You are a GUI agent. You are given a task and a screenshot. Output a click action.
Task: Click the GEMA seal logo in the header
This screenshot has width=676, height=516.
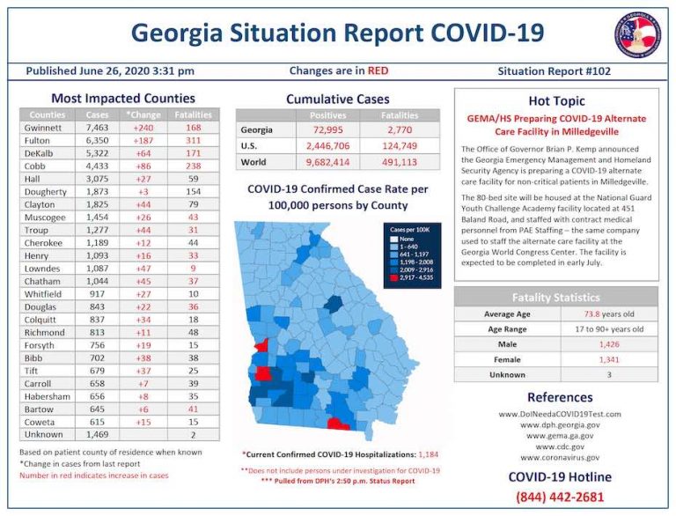pos(637,33)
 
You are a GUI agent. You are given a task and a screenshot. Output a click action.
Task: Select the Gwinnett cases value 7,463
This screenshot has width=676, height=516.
pos(97,128)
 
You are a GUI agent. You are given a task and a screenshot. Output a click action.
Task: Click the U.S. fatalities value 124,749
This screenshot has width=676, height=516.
pos(399,146)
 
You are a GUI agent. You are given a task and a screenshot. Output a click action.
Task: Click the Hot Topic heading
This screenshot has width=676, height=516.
pos(556,100)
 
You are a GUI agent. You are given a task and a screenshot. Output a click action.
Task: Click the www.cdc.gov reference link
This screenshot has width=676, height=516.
pos(556,446)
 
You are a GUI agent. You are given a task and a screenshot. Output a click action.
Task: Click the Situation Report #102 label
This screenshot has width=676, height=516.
pos(554,71)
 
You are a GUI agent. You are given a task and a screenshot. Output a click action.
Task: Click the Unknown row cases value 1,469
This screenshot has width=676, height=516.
pos(97,434)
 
